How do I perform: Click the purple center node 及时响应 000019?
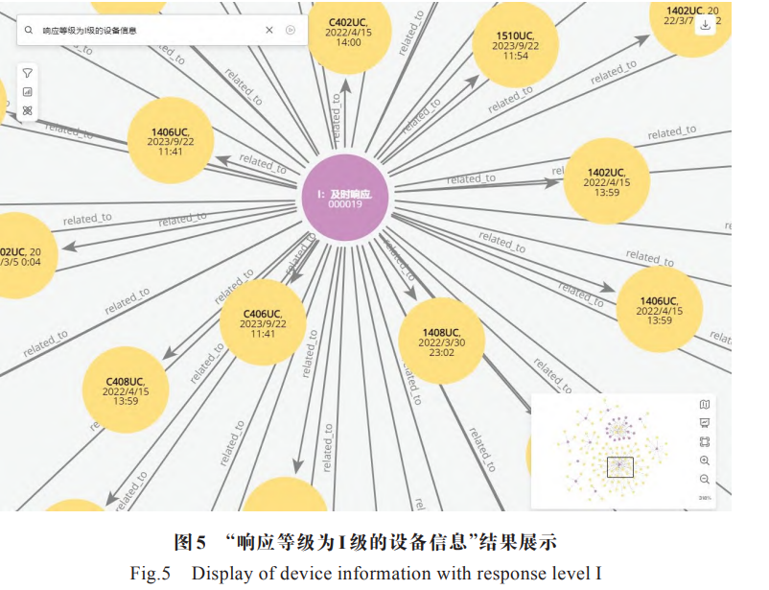pyautogui.click(x=344, y=199)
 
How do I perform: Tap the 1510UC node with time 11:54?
pyautogui.click(x=515, y=45)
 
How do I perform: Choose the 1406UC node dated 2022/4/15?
pyautogui.click(x=659, y=309)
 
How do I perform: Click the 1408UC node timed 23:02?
pyautogui.click(x=441, y=341)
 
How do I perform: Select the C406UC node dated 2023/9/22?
pyautogui.click(x=263, y=322)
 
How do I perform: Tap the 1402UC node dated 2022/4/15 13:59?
pyautogui.click(x=606, y=181)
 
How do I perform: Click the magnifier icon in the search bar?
pyautogui.click(x=32, y=31)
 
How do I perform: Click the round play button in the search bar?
pyautogui.click(x=291, y=31)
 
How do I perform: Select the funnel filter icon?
pyautogui.click(x=28, y=73)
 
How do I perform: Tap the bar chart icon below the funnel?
pyautogui.click(x=28, y=92)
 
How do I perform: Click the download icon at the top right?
pyautogui.click(x=706, y=25)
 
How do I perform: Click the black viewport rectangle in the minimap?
pyautogui.click(x=619, y=467)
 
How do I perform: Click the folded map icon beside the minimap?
pyautogui.click(x=705, y=405)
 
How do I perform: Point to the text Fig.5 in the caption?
pyautogui.click(x=151, y=574)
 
